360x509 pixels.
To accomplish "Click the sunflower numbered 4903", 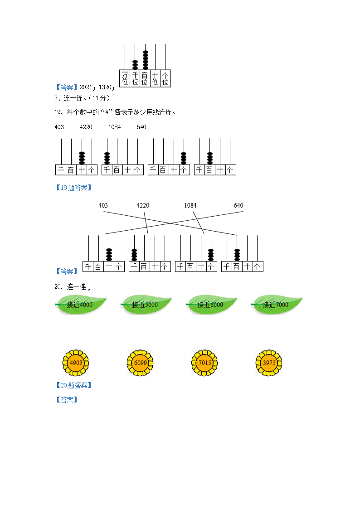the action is tap(76, 363).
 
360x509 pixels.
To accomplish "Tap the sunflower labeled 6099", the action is tap(140, 363).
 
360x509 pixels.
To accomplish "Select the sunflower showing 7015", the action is tap(204, 363).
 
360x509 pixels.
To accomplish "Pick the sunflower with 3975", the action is tap(269, 363).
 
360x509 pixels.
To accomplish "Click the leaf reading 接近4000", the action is tap(81, 305).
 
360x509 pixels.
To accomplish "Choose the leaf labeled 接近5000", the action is tap(146, 305).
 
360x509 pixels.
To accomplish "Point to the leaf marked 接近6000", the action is tap(211, 305).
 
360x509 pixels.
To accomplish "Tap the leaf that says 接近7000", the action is tap(277, 305).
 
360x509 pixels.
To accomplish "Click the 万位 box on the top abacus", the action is tap(125, 78).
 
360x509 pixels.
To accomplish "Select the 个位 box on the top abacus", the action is tap(165, 78).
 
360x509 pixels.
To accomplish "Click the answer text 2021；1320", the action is tap(97, 87).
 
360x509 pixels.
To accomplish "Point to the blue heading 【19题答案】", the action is tap(74, 188).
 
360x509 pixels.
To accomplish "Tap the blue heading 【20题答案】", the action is tap(74, 385).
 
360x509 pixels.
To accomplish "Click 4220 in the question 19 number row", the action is tap(86, 127).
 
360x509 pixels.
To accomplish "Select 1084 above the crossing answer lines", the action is tap(190, 205).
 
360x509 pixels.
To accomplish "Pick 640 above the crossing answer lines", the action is tap(238, 205).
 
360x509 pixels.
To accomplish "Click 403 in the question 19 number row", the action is tap(59, 127).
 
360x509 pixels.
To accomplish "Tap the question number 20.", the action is tap(58, 286).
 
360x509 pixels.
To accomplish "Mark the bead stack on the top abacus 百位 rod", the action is tap(146, 60).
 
